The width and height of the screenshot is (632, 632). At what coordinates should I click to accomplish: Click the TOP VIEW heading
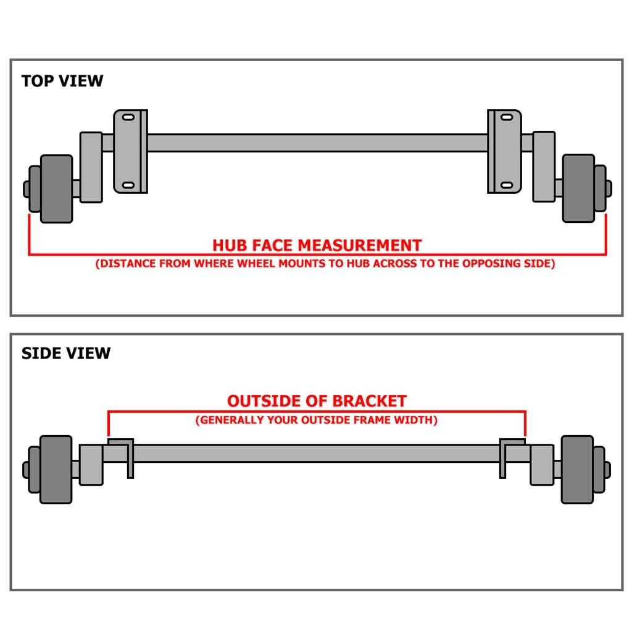pyautogui.click(x=62, y=81)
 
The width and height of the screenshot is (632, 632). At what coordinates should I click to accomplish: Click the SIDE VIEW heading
pyautogui.click(x=66, y=353)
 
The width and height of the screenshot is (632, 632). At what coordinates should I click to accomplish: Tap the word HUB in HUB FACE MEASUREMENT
pyautogui.click(x=230, y=245)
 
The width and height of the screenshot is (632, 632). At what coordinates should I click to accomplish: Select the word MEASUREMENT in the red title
pyautogui.click(x=360, y=245)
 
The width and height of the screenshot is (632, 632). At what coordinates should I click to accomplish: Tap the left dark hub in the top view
pyautogui.click(x=57, y=188)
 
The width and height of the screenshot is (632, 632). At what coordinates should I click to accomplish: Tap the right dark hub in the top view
pyautogui.click(x=578, y=188)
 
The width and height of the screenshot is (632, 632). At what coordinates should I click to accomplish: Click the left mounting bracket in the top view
pyautogui.click(x=130, y=151)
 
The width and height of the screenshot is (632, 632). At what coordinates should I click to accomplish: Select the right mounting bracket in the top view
pyautogui.click(x=504, y=151)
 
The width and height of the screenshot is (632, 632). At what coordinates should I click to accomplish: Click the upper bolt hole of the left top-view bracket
pyautogui.click(x=129, y=117)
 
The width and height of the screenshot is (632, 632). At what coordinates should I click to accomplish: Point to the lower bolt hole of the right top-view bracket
pyautogui.click(x=505, y=185)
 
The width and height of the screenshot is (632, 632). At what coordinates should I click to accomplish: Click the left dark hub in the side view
pyautogui.click(x=56, y=469)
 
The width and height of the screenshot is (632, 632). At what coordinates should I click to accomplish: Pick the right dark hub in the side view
pyautogui.click(x=577, y=469)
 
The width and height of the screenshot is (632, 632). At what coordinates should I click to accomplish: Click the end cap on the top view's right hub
pyautogui.click(x=608, y=188)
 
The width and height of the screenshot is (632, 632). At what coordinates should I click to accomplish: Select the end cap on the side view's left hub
pyautogui.click(x=27, y=469)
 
